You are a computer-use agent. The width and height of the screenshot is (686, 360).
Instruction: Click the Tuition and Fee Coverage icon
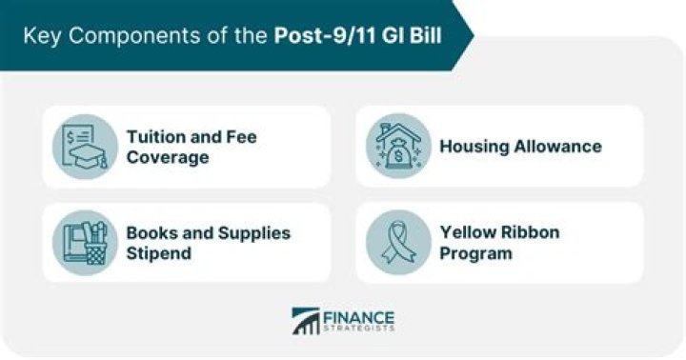coord(85,147)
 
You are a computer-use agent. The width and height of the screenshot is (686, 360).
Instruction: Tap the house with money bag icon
coord(398,147)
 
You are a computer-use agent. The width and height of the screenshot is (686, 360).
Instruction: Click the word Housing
coord(474,147)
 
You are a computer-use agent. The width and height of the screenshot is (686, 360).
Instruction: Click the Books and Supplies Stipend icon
coord(85,243)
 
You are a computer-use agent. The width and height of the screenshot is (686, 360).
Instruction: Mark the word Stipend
coord(158,254)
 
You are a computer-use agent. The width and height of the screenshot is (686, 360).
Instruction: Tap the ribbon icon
coord(398,243)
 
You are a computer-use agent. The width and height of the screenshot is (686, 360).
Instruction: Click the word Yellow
coord(469,233)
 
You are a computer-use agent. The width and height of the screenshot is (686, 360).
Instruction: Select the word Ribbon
coord(533,233)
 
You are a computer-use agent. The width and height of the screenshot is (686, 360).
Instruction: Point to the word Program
coord(475,254)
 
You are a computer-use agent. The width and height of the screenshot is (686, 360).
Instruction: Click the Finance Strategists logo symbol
coord(306,321)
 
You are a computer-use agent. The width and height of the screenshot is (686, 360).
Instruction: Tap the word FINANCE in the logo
coord(359,316)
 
